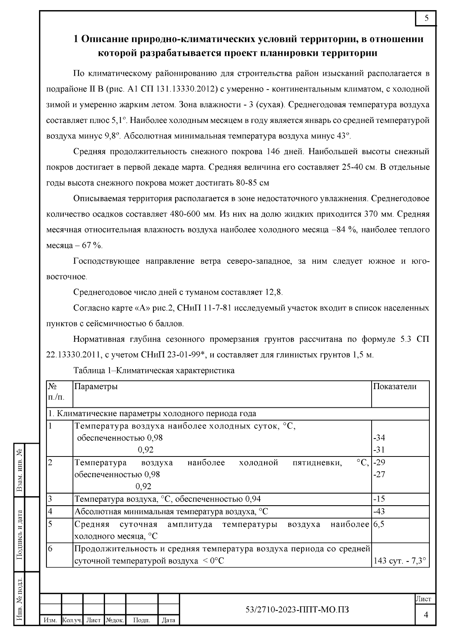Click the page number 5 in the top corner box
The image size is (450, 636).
[x=426, y=18]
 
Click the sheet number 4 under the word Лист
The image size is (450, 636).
[x=426, y=615]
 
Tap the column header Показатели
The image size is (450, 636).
[x=395, y=387]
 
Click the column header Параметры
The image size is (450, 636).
[x=96, y=387]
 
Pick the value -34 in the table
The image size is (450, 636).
[x=379, y=438]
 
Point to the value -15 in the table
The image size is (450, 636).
[x=379, y=499]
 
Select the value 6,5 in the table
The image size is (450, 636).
[x=379, y=524]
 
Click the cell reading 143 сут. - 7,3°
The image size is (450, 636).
[x=400, y=561]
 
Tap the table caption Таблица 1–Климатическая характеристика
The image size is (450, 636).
[x=154, y=371]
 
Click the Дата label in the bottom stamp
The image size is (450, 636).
[x=168, y=620]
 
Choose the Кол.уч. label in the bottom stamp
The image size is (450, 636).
[x=72, y=620]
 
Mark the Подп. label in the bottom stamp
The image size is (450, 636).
[x=142, y=620]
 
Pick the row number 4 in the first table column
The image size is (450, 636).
[x=50, y=511]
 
